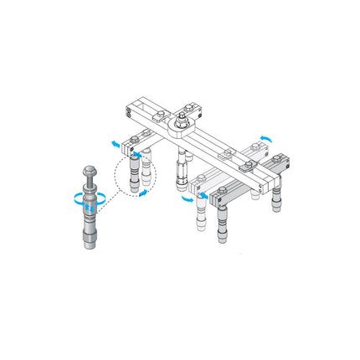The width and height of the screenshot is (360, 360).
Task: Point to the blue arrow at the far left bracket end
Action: (112, 144)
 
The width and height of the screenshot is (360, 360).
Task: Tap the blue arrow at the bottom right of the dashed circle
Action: (145, 193)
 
